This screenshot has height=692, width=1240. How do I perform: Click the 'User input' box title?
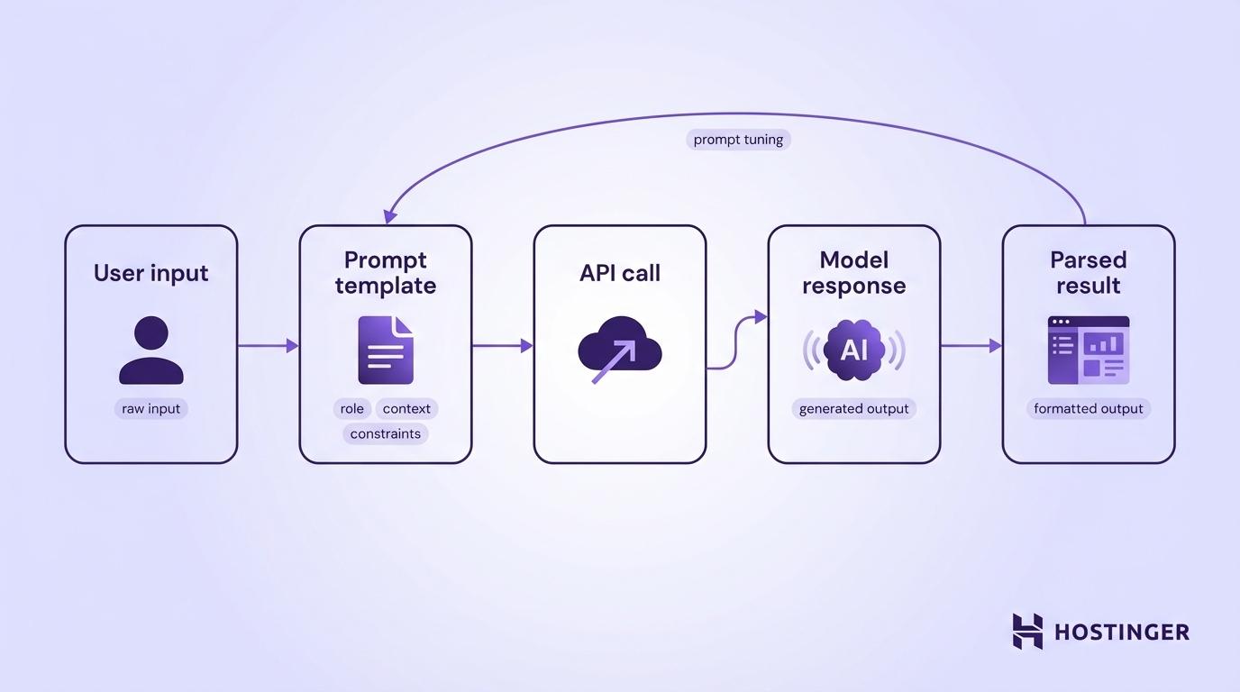click(x=150, y=273)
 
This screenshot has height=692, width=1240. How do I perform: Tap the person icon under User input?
click(x=150, y=351)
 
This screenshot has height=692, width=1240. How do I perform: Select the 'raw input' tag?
click(x=150, y=409)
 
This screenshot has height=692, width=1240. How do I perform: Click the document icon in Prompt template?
click(x=385, y=350)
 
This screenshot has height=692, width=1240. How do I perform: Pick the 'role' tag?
click(x=351, y=409)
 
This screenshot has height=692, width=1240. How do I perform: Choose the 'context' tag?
click(x=406, y=409)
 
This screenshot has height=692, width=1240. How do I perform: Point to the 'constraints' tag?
click(x=385, y=434)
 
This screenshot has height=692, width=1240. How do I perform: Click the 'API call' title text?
click(x=619, y=273)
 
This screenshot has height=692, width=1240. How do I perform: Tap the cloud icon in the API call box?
click(x=619, y=350)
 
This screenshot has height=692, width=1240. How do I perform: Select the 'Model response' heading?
click(x=853, y=273)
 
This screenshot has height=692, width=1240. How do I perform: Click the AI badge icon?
click(x=853, y=350)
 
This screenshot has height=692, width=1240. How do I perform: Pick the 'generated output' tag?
click(x=853, y=409)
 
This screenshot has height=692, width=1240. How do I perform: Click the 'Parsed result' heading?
click(x=1088, y=273)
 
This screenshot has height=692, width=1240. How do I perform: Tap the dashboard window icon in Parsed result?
click(x=1088, y=350)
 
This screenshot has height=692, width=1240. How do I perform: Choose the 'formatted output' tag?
click(x=1088, y=409)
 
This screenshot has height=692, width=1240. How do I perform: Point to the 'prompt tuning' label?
click(x=738, y=140)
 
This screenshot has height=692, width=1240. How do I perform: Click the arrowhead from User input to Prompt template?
click(x=292, y=345)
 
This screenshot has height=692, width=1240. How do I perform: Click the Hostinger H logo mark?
click(x=1027, y=631)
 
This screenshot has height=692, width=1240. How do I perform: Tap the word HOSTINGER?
click(x=1121, y=632)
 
